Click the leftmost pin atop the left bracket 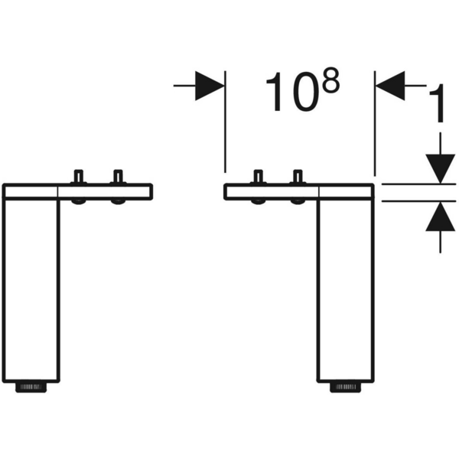pyautogui.click(x=78, y=177)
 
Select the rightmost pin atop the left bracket pyautogui.click(x=118, y=177)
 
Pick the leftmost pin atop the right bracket pyautogui.click(x=258, y=177)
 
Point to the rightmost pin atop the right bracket pyautogui.click(x=298, y=177)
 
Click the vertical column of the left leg pyautogui.click(x=31, y=291)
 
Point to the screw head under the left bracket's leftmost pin pyautogui.click(x=78, y=202)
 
